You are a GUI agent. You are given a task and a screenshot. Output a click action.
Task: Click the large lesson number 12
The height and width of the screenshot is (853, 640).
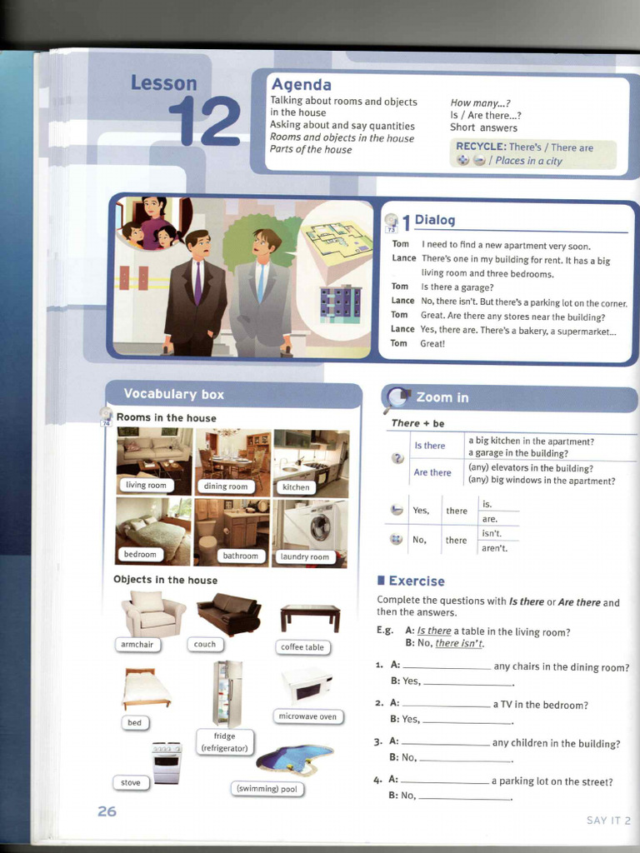(x=204, y=121)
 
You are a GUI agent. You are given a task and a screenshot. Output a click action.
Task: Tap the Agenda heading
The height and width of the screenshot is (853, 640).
(x=301, y=84)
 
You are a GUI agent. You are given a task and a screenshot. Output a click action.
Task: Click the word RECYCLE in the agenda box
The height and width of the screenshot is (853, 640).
(x=481, y=147)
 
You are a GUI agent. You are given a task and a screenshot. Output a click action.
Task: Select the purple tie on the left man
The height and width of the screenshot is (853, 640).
(x=198, y=282)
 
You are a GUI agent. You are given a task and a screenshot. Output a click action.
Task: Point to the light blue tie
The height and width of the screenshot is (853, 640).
(x=261, y=282)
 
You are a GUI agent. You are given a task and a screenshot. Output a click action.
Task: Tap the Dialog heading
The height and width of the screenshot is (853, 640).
(x=434, y=220)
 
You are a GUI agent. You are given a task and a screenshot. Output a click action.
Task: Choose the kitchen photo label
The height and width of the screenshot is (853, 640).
(x=296, y=487)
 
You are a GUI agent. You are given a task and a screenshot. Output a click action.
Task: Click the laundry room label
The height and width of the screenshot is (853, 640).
(x=305, y=556)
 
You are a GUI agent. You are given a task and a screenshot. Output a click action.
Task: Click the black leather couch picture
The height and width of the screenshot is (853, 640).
(x=228, y=614)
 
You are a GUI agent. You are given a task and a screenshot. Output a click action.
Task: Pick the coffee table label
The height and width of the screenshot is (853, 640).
(x=302, y=646)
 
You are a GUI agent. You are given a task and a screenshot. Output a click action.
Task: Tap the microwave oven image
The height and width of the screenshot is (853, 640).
(x=307, y=686)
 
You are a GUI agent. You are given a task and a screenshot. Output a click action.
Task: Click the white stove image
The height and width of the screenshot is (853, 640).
(x=167, y=763)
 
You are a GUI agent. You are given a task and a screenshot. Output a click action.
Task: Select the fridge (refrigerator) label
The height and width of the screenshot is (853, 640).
(x=224, y=742)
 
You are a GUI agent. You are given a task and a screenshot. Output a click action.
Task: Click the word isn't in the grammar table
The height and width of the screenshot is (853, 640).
(x=492, y=534)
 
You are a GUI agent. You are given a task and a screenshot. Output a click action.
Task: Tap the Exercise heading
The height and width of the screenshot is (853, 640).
(x=417, y=581)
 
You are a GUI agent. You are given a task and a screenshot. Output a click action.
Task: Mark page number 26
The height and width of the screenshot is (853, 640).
(x=107, y=811)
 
